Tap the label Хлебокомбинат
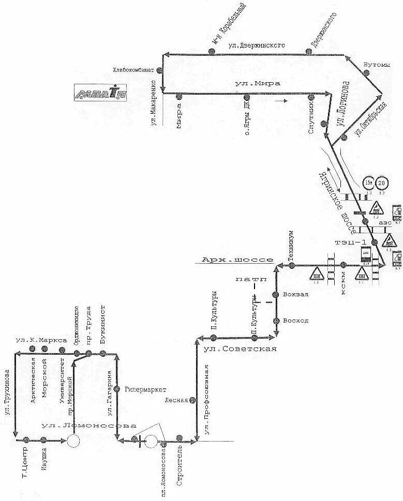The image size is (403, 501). pos(133,70)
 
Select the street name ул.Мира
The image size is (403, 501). pos(257,84)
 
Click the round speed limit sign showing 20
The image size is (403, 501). pos(382,183)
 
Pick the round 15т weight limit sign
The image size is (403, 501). pos(368,183)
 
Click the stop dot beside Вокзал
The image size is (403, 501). pos(277,294)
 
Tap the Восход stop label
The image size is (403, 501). pos(296,321)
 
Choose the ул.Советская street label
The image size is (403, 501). pos(240,348)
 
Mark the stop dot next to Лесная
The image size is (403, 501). pos(192,400)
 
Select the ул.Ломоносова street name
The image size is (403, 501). pos(88,426)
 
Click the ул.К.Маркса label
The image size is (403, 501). pos(40,340)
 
